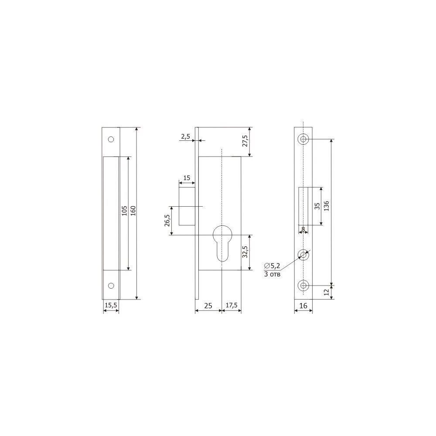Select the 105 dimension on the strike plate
click(124, 211)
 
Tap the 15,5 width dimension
click(111, 305)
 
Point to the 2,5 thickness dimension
click(185, 136)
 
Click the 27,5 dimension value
click(245, 141)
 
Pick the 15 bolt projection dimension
click(187, 178)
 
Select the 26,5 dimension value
click(167, 221)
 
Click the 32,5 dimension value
click(245, 252)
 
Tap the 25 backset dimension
click(208, 306)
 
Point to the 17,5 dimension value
click(232, 305)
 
